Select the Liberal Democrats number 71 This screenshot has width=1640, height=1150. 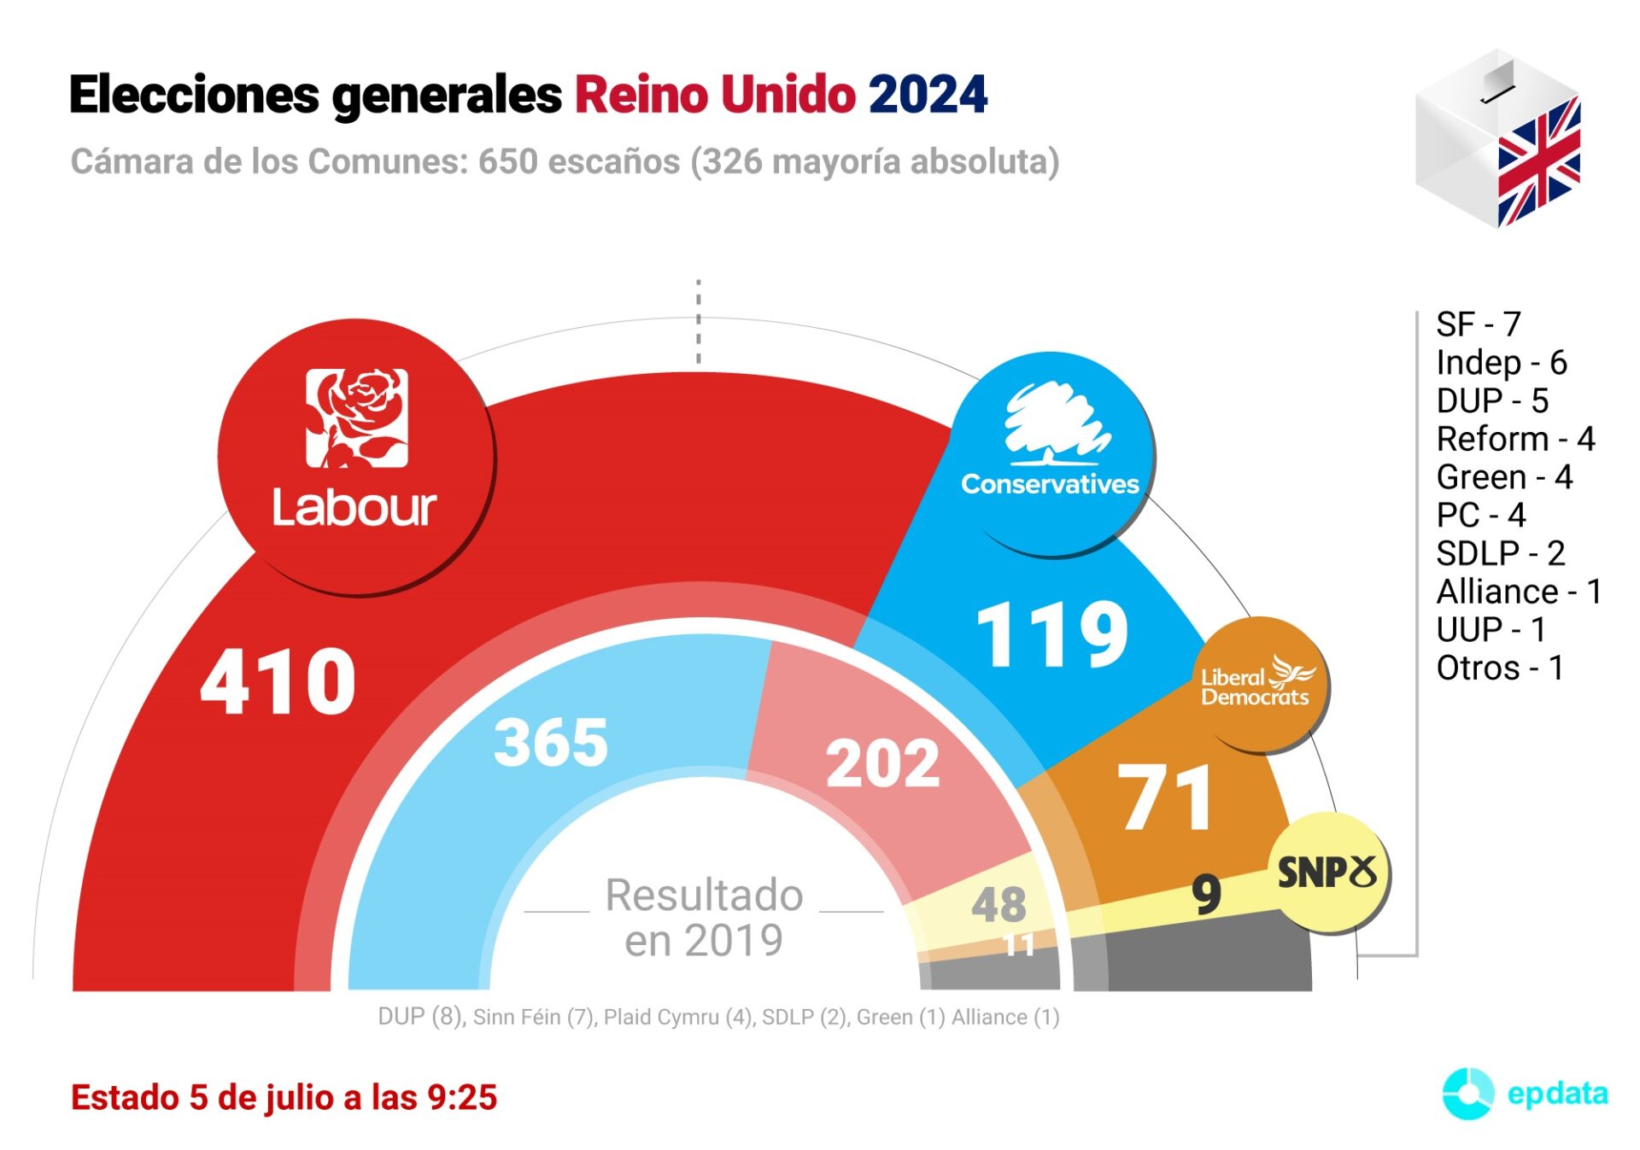[1166, 798]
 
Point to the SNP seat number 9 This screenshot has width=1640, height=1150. [1206, 894]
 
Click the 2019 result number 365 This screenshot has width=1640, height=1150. [551, 742]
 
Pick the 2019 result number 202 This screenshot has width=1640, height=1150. [882, 763]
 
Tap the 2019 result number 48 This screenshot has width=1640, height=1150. [999, 905]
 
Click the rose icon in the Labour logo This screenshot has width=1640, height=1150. [357, 417]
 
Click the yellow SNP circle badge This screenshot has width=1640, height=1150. [1328, 873]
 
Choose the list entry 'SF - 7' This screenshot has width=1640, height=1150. [1479, 324]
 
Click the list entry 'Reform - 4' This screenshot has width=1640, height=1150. [1515, 439]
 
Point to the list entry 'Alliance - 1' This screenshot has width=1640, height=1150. [1519, 591]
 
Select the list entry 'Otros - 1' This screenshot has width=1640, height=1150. [1499, 668]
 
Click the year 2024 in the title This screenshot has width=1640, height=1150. [928, 94]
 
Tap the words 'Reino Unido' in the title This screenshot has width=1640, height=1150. [715, 94]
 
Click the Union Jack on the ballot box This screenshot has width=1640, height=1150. [1538, 162]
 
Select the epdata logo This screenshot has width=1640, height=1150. [1526, 1094]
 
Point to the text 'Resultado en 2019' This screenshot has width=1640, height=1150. [704, 918]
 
